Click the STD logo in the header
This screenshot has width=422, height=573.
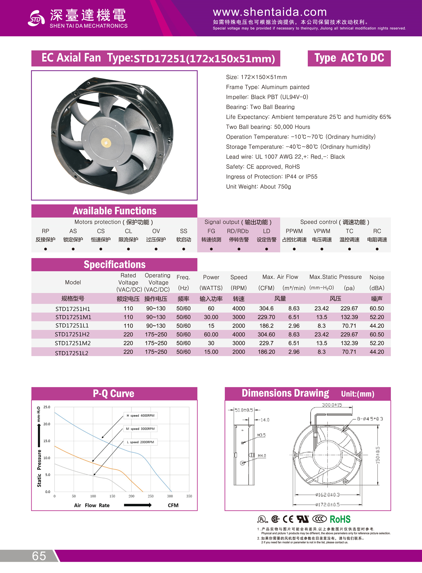36,19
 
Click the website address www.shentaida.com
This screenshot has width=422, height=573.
270,12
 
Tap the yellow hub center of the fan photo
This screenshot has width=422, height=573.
106,142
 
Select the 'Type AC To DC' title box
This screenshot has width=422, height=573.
349,58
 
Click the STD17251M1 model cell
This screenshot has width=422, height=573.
73,317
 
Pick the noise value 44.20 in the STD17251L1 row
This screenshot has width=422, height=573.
377,326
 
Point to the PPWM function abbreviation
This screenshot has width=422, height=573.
294,231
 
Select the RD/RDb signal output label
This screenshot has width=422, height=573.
238,231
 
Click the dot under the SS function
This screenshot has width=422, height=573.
184,249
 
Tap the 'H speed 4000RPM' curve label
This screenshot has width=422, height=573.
141,416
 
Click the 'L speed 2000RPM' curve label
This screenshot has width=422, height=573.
141,442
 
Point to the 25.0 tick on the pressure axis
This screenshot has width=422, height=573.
47,407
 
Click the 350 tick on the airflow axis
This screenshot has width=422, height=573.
189,496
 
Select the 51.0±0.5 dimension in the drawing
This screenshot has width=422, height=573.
244,410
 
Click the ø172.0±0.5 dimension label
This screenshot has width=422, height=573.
327,504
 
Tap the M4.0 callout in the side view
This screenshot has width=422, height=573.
262,456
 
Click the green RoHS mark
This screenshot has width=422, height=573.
340,519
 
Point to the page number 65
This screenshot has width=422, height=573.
39,556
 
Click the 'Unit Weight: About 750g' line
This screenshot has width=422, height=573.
258,187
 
